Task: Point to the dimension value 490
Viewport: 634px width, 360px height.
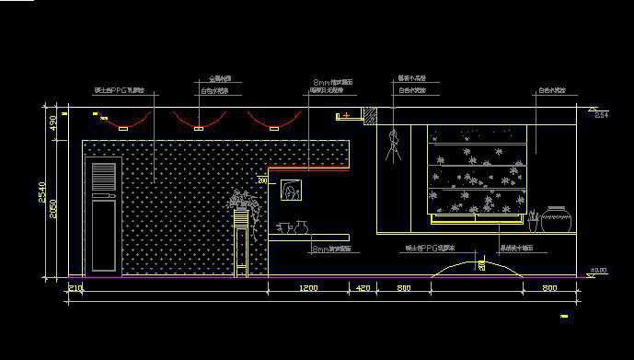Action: [x=52, y=122]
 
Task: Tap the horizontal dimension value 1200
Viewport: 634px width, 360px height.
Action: [x=308, y=289]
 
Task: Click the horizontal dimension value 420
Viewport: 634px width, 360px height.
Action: [x=363, y=289]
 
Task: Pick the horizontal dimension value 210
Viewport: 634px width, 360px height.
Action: [x=75, y=289]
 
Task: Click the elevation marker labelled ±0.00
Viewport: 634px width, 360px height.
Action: [x=597, y=270]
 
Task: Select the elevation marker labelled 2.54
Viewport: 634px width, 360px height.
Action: [x=601, y=115]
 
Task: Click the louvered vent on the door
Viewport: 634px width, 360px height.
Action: [x=104, y=177]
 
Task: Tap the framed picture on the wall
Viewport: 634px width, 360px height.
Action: [x=293, y=191]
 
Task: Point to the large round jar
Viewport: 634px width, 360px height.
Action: [x=556, y=219]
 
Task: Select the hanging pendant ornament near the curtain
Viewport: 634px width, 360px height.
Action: [x=396, y=144]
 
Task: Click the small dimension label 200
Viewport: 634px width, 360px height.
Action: [x=261, y=182]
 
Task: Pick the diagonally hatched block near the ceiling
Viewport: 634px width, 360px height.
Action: [x=370, y=117]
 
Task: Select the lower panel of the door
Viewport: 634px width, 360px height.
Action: [x=104, y=235]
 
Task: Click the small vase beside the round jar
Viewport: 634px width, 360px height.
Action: [x=532, y=220]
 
